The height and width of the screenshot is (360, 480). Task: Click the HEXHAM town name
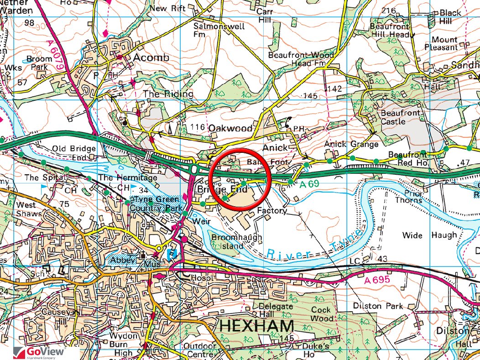(x=256, y=326)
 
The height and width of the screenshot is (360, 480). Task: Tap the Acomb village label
(x=151, y=58)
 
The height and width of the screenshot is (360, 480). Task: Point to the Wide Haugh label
(x=429, y=235)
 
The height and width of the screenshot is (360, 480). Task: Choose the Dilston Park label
(x=378, y=305)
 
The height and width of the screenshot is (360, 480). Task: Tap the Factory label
(x=272, y=211)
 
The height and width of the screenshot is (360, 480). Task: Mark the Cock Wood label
(x=322, y=314)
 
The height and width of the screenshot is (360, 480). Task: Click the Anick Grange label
(x=351, y=144)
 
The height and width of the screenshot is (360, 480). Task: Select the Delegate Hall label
(x=276, y=310)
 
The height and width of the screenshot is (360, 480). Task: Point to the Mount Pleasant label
(x=444, y=43)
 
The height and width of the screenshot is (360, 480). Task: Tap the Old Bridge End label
(x=73, y=153)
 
